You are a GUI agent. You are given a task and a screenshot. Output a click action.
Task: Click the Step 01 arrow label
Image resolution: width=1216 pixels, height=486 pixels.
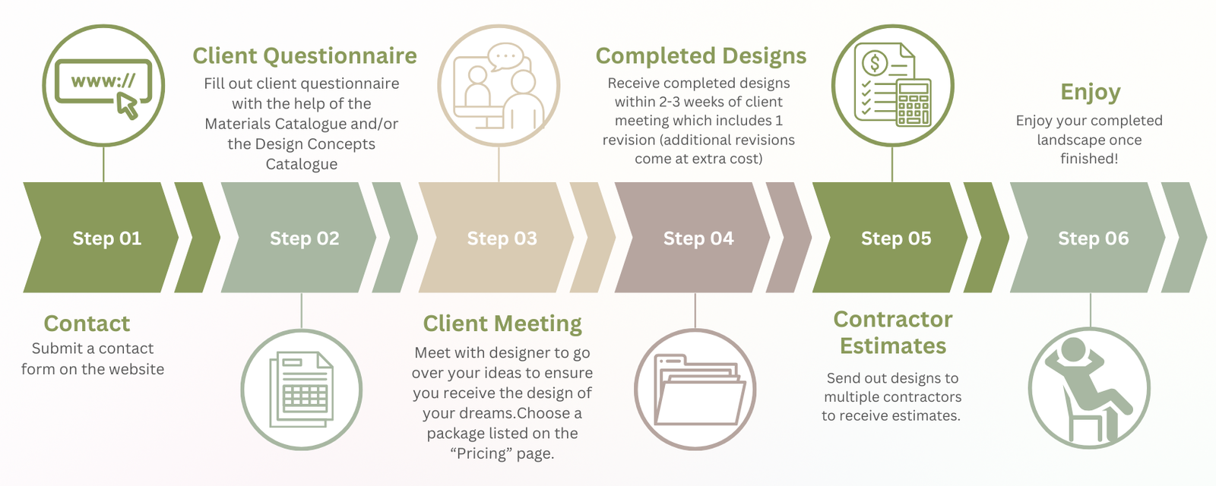[106, 238]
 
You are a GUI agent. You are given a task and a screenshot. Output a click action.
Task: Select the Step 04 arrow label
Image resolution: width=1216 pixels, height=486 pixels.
[698, 238]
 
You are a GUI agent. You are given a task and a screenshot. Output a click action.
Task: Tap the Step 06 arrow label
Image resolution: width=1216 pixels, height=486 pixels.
[1093, 238]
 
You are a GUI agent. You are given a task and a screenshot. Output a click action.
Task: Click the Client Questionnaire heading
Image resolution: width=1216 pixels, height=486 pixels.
[305, 56]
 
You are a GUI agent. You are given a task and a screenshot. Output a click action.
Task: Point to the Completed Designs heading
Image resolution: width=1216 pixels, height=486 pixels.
[701, 56]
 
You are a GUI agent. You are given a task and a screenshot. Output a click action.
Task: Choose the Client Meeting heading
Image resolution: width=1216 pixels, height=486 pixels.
[502, 324]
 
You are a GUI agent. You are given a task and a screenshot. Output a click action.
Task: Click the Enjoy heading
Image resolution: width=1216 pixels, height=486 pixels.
[1090, 93]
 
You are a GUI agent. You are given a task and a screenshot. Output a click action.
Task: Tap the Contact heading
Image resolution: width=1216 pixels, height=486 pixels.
[87, 324]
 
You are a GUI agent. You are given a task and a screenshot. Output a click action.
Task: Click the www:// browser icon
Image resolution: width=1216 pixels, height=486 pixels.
[103, 85]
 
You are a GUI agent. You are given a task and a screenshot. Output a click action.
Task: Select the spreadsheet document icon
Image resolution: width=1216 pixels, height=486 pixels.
[302, 390]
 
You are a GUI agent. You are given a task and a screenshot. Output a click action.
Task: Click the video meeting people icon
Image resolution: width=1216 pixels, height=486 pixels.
[499, 85]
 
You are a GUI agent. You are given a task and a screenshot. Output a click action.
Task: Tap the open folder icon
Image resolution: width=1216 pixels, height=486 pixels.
[695, 390]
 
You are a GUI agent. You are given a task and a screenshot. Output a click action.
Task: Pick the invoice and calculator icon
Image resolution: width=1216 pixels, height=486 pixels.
[892, 85]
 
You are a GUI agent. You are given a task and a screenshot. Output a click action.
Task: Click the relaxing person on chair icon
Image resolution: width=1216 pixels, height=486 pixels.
[1089, 389]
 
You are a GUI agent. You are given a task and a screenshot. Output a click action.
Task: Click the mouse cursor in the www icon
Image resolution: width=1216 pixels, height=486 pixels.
[128, 106]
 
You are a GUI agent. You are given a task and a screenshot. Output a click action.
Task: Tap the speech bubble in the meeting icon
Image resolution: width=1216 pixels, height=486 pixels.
[505, 56]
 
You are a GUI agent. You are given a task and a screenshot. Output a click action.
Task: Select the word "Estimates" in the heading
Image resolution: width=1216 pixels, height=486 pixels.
[893, 346]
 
